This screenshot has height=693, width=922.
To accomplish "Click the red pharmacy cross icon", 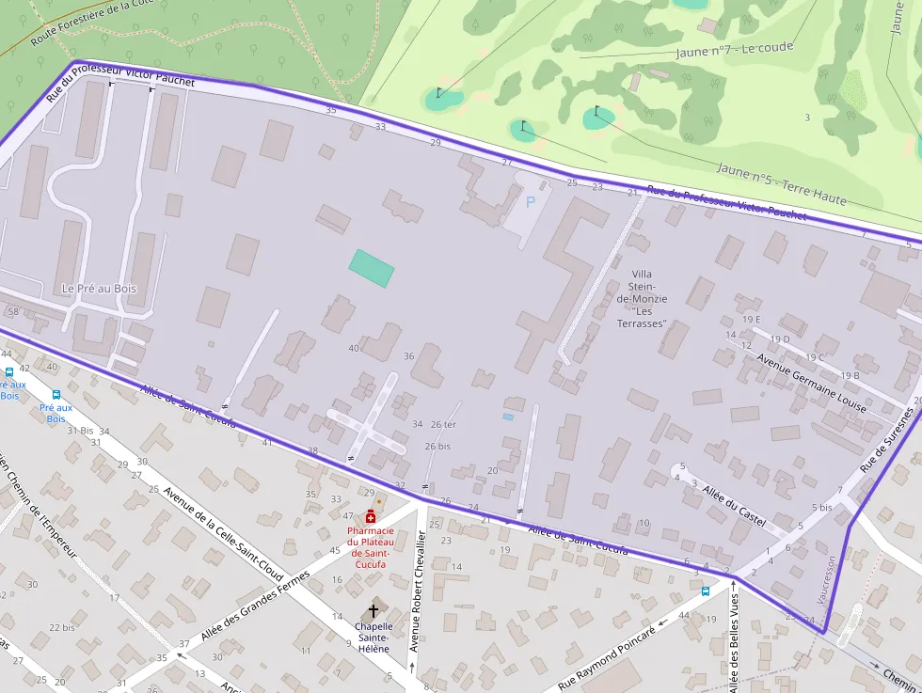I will [371, 518].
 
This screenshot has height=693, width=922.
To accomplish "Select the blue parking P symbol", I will [530, 201].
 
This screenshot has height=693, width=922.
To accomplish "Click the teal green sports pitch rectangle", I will [372, 268].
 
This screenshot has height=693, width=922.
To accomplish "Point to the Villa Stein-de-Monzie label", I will [642, 298].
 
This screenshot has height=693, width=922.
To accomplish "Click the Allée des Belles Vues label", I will [734, 639].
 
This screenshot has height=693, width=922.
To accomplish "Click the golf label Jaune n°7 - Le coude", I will [734, 49].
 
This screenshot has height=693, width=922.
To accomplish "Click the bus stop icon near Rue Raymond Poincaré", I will [706, 591].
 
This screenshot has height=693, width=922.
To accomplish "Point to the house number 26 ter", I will [443, 424].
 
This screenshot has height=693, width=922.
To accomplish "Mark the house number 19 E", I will [751, 320].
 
